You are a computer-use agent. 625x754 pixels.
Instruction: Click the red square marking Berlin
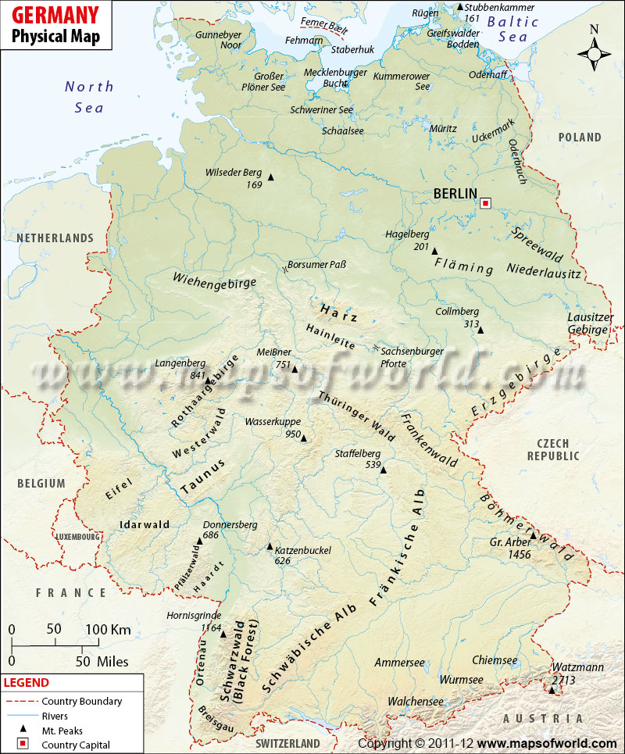click(x=485, y=203)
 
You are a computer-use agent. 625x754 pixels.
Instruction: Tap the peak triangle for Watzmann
click(x=552, y=690)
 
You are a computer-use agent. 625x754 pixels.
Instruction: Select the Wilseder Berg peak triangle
click(x=271, y=177)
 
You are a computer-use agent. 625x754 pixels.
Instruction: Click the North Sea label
click(x=89, y=97)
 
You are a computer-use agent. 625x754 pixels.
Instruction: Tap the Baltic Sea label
click(x=512, y=30)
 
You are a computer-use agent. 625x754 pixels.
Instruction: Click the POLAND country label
click(x=580, y=138)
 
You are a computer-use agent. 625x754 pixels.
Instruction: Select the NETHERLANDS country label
click(x=55, y=238)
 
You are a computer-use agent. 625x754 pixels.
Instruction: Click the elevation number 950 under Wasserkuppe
click(x=293, y=434)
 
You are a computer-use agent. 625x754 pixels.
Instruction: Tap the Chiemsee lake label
click(x=495, y=660)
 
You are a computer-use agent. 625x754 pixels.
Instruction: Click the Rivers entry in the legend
click(x=55, y=716)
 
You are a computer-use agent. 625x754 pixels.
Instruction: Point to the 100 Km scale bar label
click(x=108, y=630)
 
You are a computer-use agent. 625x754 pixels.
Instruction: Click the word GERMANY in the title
click(x=55, y=14)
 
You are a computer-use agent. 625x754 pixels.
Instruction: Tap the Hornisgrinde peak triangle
click(x=223, y=634)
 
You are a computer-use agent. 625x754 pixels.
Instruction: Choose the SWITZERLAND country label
click(x=288, y=741)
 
